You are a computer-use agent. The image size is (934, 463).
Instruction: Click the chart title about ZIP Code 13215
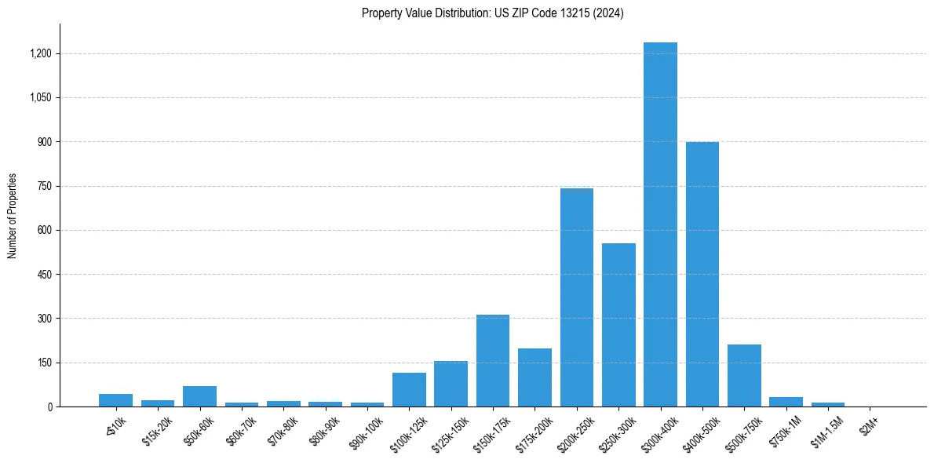(492, 13)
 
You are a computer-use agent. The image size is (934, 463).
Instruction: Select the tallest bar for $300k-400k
(660, 224)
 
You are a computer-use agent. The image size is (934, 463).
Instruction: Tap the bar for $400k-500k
(702, 274)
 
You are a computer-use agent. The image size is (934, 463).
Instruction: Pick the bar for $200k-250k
(577, 297)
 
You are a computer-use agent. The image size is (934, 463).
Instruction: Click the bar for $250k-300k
(618, 325)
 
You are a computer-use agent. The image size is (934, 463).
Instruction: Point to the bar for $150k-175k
(493, 360)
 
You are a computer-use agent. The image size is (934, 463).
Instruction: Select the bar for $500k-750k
(744, 375)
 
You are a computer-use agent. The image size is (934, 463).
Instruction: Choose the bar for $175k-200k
(534, 377)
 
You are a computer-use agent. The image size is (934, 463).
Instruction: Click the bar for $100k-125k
(409, 389)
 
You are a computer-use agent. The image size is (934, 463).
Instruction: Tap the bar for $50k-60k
(199, 396)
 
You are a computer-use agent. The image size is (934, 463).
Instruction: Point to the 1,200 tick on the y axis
(41, 53)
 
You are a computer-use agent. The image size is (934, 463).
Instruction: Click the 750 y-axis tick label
(45, 186)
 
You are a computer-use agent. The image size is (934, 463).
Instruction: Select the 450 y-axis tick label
(45, 275)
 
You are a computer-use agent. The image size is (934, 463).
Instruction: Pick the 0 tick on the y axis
(49, 406)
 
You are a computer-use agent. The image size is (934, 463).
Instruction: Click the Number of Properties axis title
(13, 216)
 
